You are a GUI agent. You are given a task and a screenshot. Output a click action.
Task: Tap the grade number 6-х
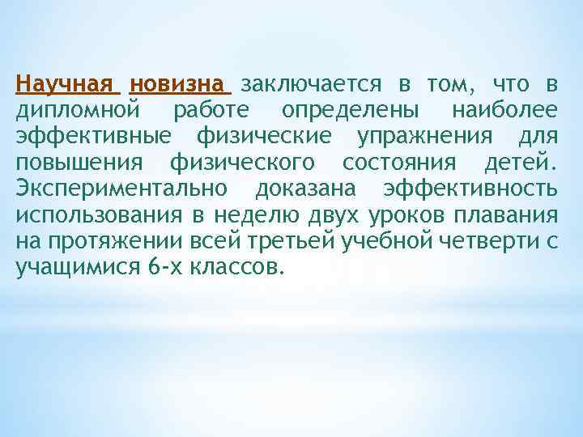[165, 268]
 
